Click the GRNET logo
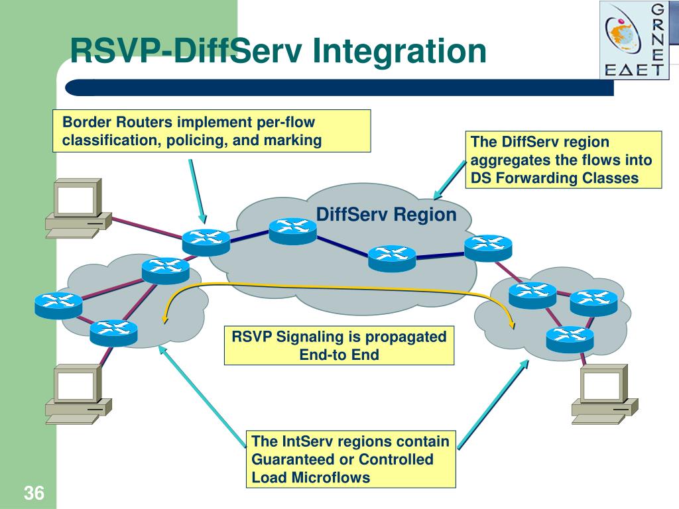coord(634,40)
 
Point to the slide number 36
coord(34,493)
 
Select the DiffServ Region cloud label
coord(387,214)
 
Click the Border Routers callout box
coord(212,131)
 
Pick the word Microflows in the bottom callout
coord(331,477)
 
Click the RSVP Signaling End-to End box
coord(339,345)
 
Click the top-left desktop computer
coord(78,207)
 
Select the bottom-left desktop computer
coord(78,394)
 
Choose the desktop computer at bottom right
coord(605,394)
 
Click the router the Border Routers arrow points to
coord(206,243)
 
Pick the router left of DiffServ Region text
coord(292,231)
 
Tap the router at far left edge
coord(58,306)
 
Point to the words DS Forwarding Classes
coord(555,178)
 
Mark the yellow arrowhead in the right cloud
coord(513,325)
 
